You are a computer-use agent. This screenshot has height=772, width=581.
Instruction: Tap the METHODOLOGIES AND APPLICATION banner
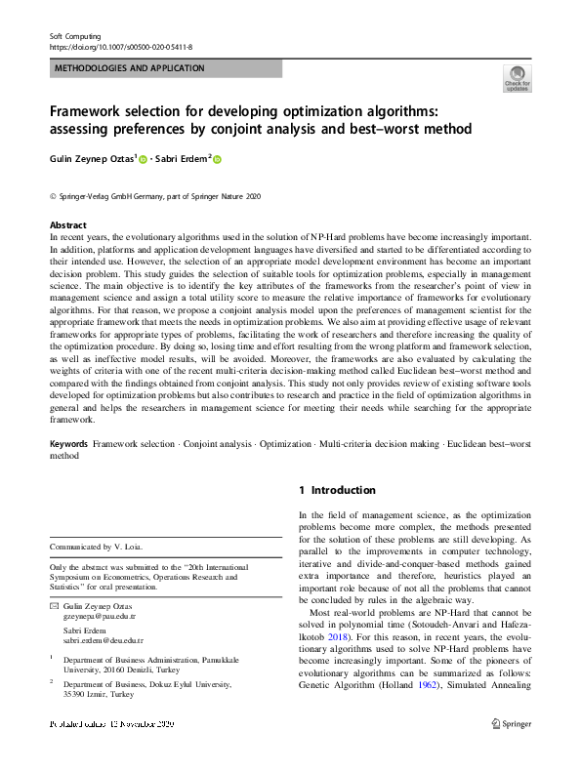pyautogui.click(x=129, y=68)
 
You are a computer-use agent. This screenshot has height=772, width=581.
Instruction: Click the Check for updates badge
pyautogui.click(x=517, y=77)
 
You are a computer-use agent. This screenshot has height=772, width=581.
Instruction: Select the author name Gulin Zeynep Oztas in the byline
pyautogui.click(x=93, y=159)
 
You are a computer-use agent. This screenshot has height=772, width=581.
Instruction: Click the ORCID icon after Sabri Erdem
pyautogui.click(x=218, y=160)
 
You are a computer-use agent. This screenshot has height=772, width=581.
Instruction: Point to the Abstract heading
pyautogui.click(x=67, y=223)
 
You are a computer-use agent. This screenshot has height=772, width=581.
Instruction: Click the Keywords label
pyautogui.click(x=68, y=444)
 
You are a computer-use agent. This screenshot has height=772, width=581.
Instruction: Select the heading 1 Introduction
pyautogui.click(x=337, y=490)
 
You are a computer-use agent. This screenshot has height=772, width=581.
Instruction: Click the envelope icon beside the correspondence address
pyautogui.click(x=55, y=606)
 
